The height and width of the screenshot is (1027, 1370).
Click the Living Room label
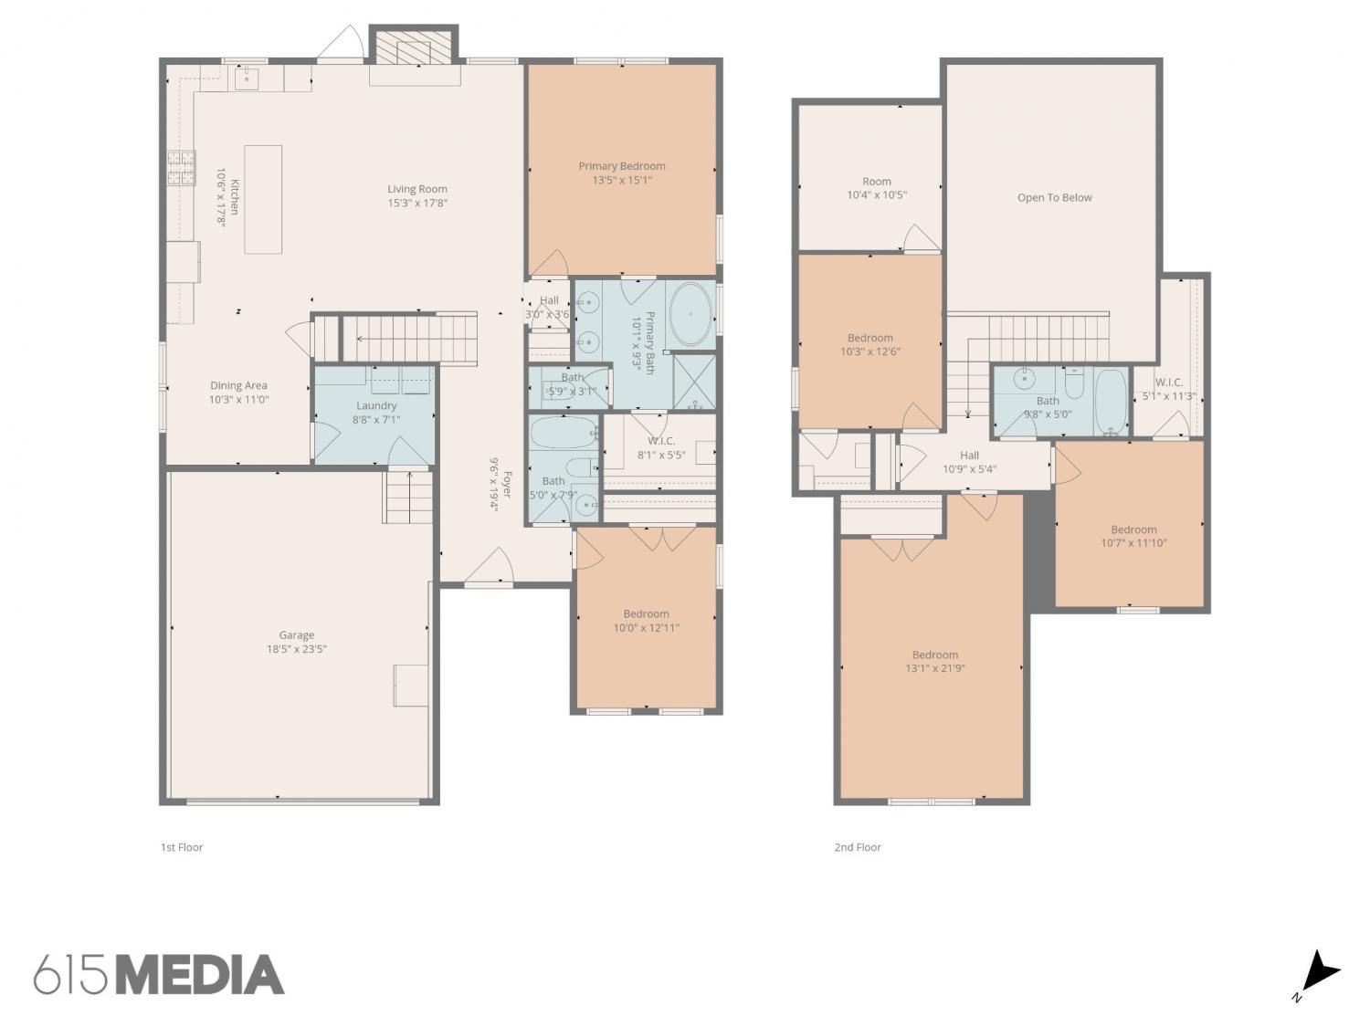click(x=416, y=189)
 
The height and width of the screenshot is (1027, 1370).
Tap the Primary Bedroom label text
click(x=622, y=166)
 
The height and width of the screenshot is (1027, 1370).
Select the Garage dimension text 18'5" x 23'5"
click(x=297, y=649)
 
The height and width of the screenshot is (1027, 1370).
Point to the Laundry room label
click(x=376, y=406)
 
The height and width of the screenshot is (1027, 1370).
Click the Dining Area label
click(x=238, y=386)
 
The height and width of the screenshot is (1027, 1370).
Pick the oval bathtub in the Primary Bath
click(x=690, y=314)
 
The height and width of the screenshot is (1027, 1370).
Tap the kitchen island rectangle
click(x=263, y=200)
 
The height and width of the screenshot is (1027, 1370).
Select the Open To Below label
click(x=1055, y=198)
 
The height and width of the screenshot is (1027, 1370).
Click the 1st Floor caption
click(x=182, y=847)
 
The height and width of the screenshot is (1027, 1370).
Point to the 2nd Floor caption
click(x=858, y=847)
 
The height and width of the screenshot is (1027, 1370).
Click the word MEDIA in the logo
click(x=201, y=975)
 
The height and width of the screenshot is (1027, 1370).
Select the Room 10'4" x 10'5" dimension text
click(x=876, y=195)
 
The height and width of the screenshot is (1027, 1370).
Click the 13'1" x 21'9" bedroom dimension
click(x=935, y=668)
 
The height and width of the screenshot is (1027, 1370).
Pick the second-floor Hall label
click(x=969, y=456)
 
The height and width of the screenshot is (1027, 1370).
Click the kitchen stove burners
click(x=181, y=168)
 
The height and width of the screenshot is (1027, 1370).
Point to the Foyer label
click(x=507, y=485)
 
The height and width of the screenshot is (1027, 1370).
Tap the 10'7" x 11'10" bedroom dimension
click(x=1133, y=543)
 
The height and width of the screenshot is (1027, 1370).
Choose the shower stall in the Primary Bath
click(x=695, y=382)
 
